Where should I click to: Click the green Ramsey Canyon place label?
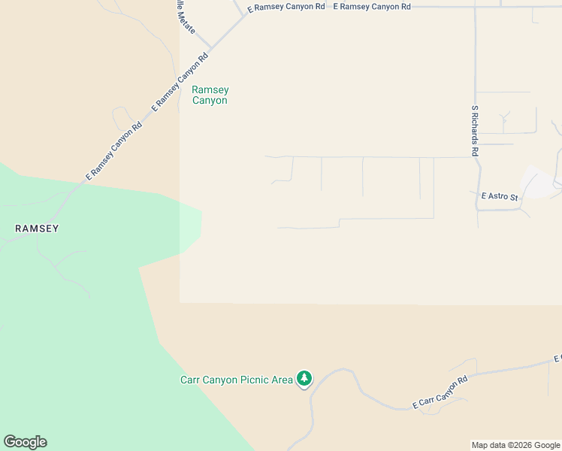(x=210, y=95)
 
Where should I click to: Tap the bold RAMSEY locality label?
(x=38, y=228)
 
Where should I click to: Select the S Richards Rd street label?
(x=475, y=130)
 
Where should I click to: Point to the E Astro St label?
(x=499, y=197)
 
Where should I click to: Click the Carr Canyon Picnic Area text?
(x=237, y=380)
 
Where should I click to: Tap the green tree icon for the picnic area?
(x=304, y=378)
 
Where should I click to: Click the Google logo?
(x=25, y=442)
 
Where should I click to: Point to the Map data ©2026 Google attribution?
(x=516, y=445)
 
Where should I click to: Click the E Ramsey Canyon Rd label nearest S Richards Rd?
(x=372, y=6)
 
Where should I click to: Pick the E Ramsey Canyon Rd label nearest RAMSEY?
(x=113, y=152)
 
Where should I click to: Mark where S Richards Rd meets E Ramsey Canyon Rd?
(x=476, y=7)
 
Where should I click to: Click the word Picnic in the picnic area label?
(x=243, y=380)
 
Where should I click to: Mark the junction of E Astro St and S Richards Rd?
(x=478, y=209)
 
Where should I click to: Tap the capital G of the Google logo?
(x=10, y=442)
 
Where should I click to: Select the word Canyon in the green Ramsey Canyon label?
(x=210, y=100)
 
